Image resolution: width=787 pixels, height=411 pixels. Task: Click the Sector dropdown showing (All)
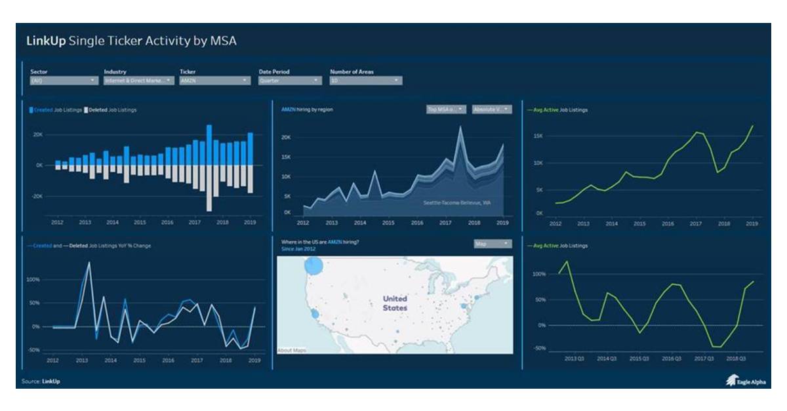pyautogui.click(x=64, y=81)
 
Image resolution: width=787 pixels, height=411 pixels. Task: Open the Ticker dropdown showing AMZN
pyautogui.click(x=214, y=81)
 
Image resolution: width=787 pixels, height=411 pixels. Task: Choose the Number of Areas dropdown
pyautogui.click(x=365, y=81)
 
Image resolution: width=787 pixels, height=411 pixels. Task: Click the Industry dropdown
pyautogui.click(x=138, y=81)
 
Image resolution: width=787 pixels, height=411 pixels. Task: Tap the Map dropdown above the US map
pyautogui.click(x=492, y=244)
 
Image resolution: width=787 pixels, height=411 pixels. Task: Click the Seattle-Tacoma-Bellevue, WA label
pyautogui.click(x=456, y=203)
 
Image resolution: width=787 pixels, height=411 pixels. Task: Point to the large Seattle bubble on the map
pyautogui.click(x=314, y=265)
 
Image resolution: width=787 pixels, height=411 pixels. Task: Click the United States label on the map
pyautogui.click(x=395, y=303)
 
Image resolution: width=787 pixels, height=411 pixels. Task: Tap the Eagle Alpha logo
pyautogui.click(x=744, y=381)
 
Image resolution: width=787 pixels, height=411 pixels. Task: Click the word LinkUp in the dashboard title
pyautogui.click(x=45, y=41)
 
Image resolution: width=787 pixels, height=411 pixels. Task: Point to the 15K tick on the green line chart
pyautogui.click(x=538, y=136)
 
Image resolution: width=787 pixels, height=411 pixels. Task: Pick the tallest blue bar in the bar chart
pyautogui.click(x=209, y=144)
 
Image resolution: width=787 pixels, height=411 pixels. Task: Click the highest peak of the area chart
pyautogui.click(x=460, y=128)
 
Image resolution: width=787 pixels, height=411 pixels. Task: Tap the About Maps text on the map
pyautogui.click(x=292, y=350)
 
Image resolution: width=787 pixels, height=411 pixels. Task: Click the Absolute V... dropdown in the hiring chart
pyautogui.click(x=492, y=109)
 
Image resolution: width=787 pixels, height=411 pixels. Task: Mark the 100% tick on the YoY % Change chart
pyautogui.click(x=33, y=279)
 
